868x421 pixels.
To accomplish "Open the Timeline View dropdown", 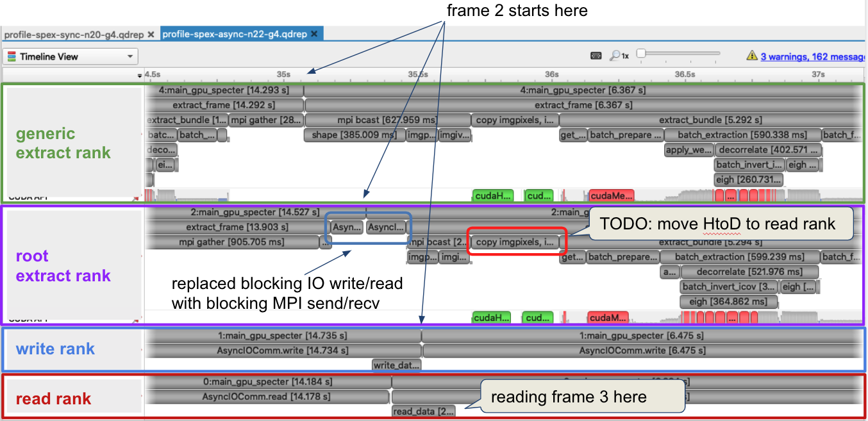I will [x=70, y=56].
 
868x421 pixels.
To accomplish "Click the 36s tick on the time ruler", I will [x=551, y=75].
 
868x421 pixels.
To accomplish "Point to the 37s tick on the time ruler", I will [x=818, y=75].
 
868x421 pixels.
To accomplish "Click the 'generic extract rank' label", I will [x=63, y=144].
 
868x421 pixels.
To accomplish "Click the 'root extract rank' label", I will [x=63, y=266].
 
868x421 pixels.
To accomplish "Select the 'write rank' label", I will [x=55, y=349].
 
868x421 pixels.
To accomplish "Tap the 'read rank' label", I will [x=53, y=399].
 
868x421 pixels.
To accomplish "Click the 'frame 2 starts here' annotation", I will [x=517, y=11].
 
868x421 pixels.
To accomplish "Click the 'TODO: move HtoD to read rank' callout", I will [x=718, y=223].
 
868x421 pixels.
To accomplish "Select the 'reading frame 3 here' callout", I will [x=569, y=397].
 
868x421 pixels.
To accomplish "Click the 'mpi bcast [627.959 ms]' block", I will [x=387, y=120].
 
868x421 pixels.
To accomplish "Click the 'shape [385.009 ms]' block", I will [x=355, y=135].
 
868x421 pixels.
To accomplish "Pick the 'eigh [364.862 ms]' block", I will [x=728, y=301].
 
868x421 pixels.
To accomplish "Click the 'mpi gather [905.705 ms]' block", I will [x=232, y=242].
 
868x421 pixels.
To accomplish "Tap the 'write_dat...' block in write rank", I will [x=396, y=365].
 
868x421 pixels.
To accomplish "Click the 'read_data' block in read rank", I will [x=423, y=411].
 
